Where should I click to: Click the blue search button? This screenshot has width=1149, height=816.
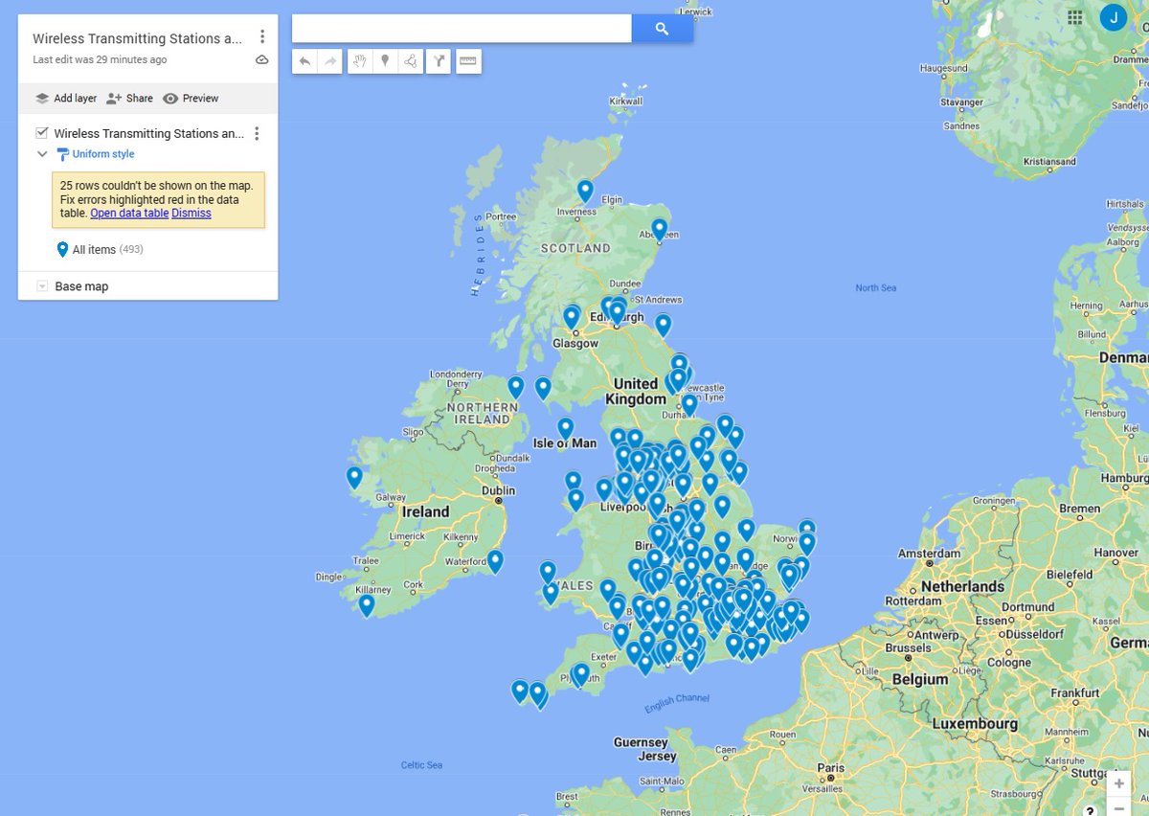point(662,29)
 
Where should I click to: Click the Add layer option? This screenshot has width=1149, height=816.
point(66,98)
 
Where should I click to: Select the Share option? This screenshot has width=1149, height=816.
point(129,98)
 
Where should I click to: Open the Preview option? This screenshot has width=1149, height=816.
point(191,98)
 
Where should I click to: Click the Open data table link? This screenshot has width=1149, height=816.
point(129,213)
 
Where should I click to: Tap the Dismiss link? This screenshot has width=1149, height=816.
point(191,213)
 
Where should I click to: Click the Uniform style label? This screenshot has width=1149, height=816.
point(103,154)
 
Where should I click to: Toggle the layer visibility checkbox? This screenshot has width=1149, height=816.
point(42,133)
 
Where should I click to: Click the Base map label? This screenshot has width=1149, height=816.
point(81,286)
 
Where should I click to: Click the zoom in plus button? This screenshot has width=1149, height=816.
point(1118,783)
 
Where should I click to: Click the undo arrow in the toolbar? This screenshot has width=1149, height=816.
point(305,61)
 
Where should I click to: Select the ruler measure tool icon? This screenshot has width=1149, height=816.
point(467,61)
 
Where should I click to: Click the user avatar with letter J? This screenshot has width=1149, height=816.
point(1114,17)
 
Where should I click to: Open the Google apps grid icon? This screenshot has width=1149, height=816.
point(1075,17)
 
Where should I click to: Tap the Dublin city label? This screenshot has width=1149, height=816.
point(499,490)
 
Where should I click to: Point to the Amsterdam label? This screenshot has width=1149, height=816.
point(929,554)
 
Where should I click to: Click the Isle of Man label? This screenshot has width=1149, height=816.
point(564,442)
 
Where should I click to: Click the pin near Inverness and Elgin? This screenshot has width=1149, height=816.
point(585,190)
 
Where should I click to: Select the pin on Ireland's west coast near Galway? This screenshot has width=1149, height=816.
point(354,476)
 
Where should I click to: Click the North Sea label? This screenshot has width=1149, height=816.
point(876,287)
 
